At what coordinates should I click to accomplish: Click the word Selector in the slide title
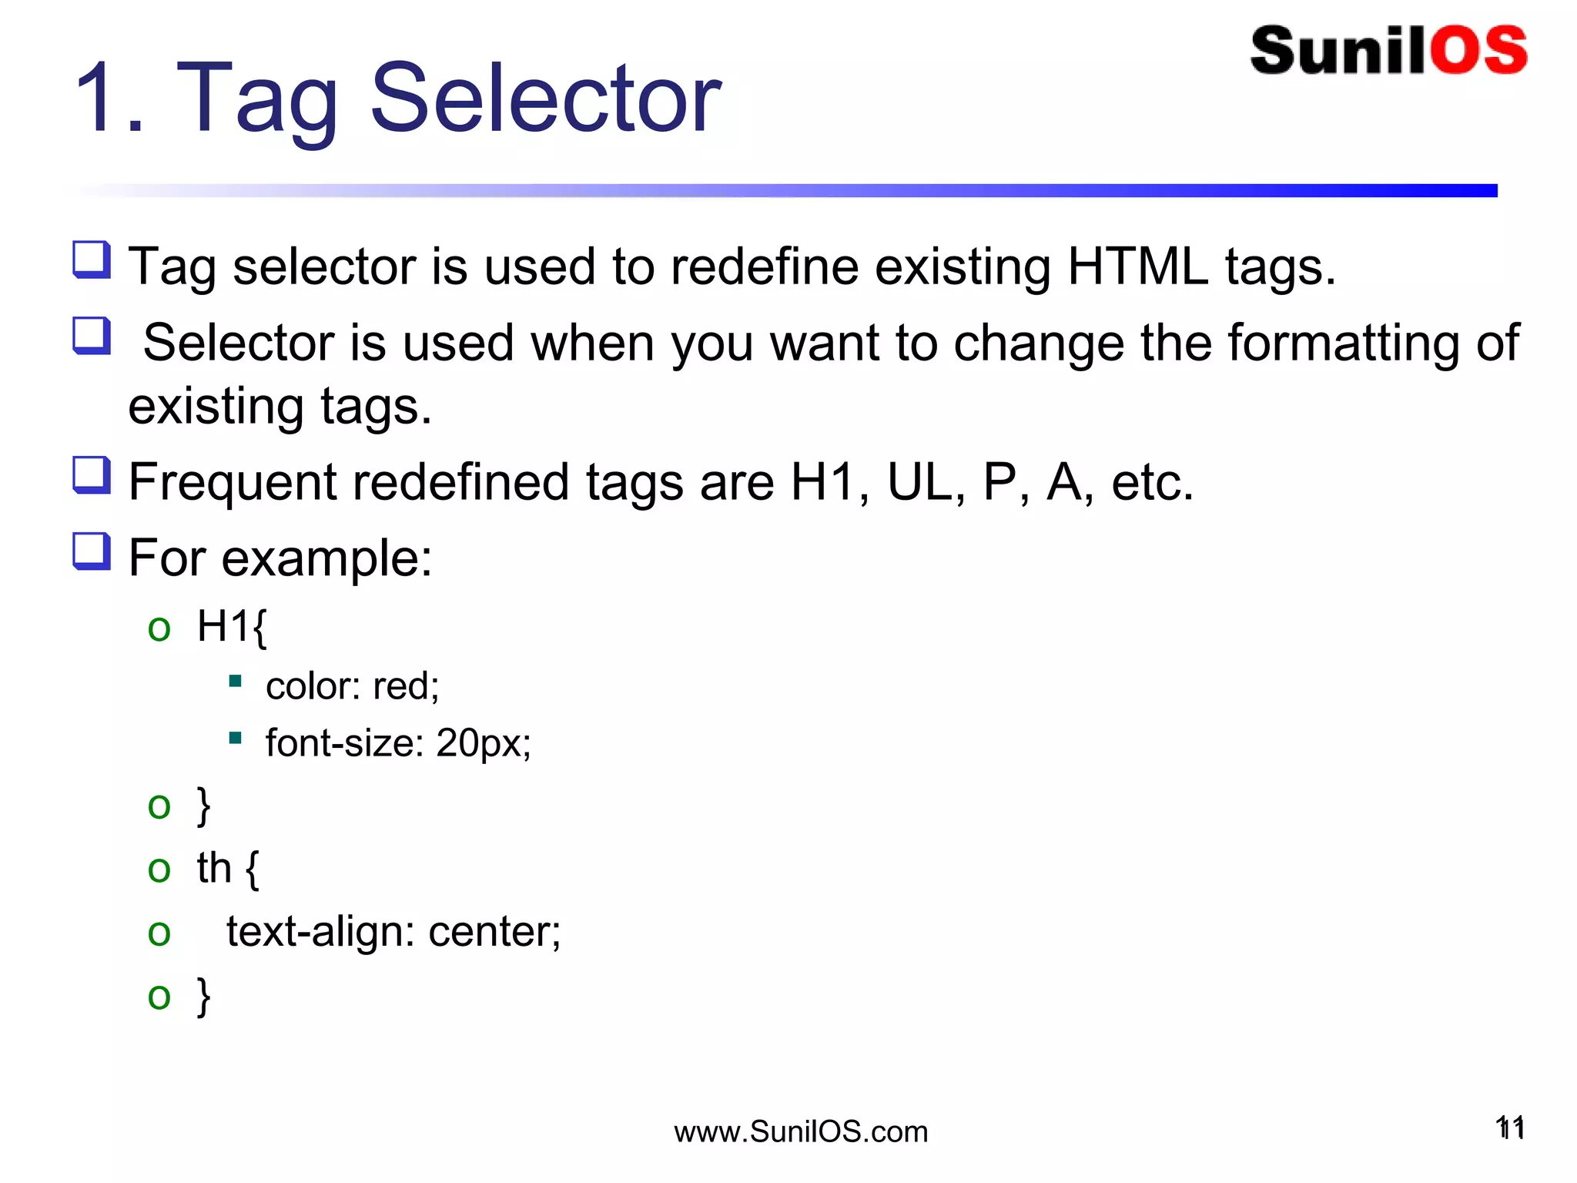[x=545, y=99]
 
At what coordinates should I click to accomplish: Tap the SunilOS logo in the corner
[x=1388, y=51]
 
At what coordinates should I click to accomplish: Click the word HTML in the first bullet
[x=1137, y=266]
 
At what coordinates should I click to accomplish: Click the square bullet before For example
[x=92, y=551]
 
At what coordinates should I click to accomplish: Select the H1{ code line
[x=231, y=625]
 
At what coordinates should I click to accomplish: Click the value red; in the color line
[x=406, y=685]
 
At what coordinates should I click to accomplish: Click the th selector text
[x=214, y=868]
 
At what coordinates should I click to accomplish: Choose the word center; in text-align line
[x=494, y=932]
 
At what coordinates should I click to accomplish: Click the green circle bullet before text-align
[x=159, y=933]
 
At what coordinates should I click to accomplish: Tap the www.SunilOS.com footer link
[x=801, y=1131]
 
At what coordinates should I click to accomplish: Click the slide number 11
[x=1510, y=1128]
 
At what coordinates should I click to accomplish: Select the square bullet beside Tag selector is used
[x=92, y=259]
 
